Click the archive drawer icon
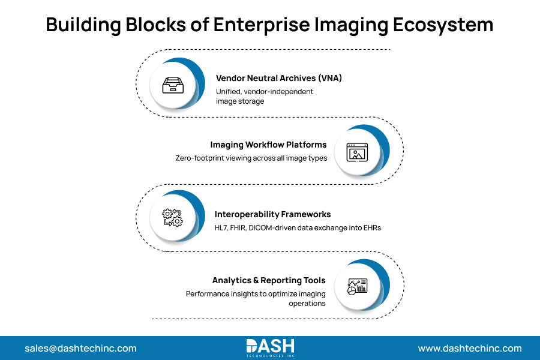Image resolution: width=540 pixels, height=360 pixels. click(x=174, y=86)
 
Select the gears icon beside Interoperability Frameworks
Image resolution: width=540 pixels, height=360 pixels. click(x=173, y=217)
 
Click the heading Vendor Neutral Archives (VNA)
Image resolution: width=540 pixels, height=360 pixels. click(x=278, y=78)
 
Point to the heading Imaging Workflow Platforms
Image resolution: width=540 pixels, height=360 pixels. click(x=268, y=145)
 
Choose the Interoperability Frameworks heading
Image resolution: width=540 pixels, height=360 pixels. click(x=272, y=214)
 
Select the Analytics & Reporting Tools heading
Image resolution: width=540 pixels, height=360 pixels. click(x=269, y=280)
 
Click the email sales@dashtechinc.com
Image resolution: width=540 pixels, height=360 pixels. click(x=80, y=348)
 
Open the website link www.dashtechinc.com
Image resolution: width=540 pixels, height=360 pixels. click(x=470, y=348)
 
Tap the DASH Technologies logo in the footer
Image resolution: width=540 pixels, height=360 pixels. click(x=270, y=348)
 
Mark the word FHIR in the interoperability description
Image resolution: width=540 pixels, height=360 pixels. click(x=246, y=227)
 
